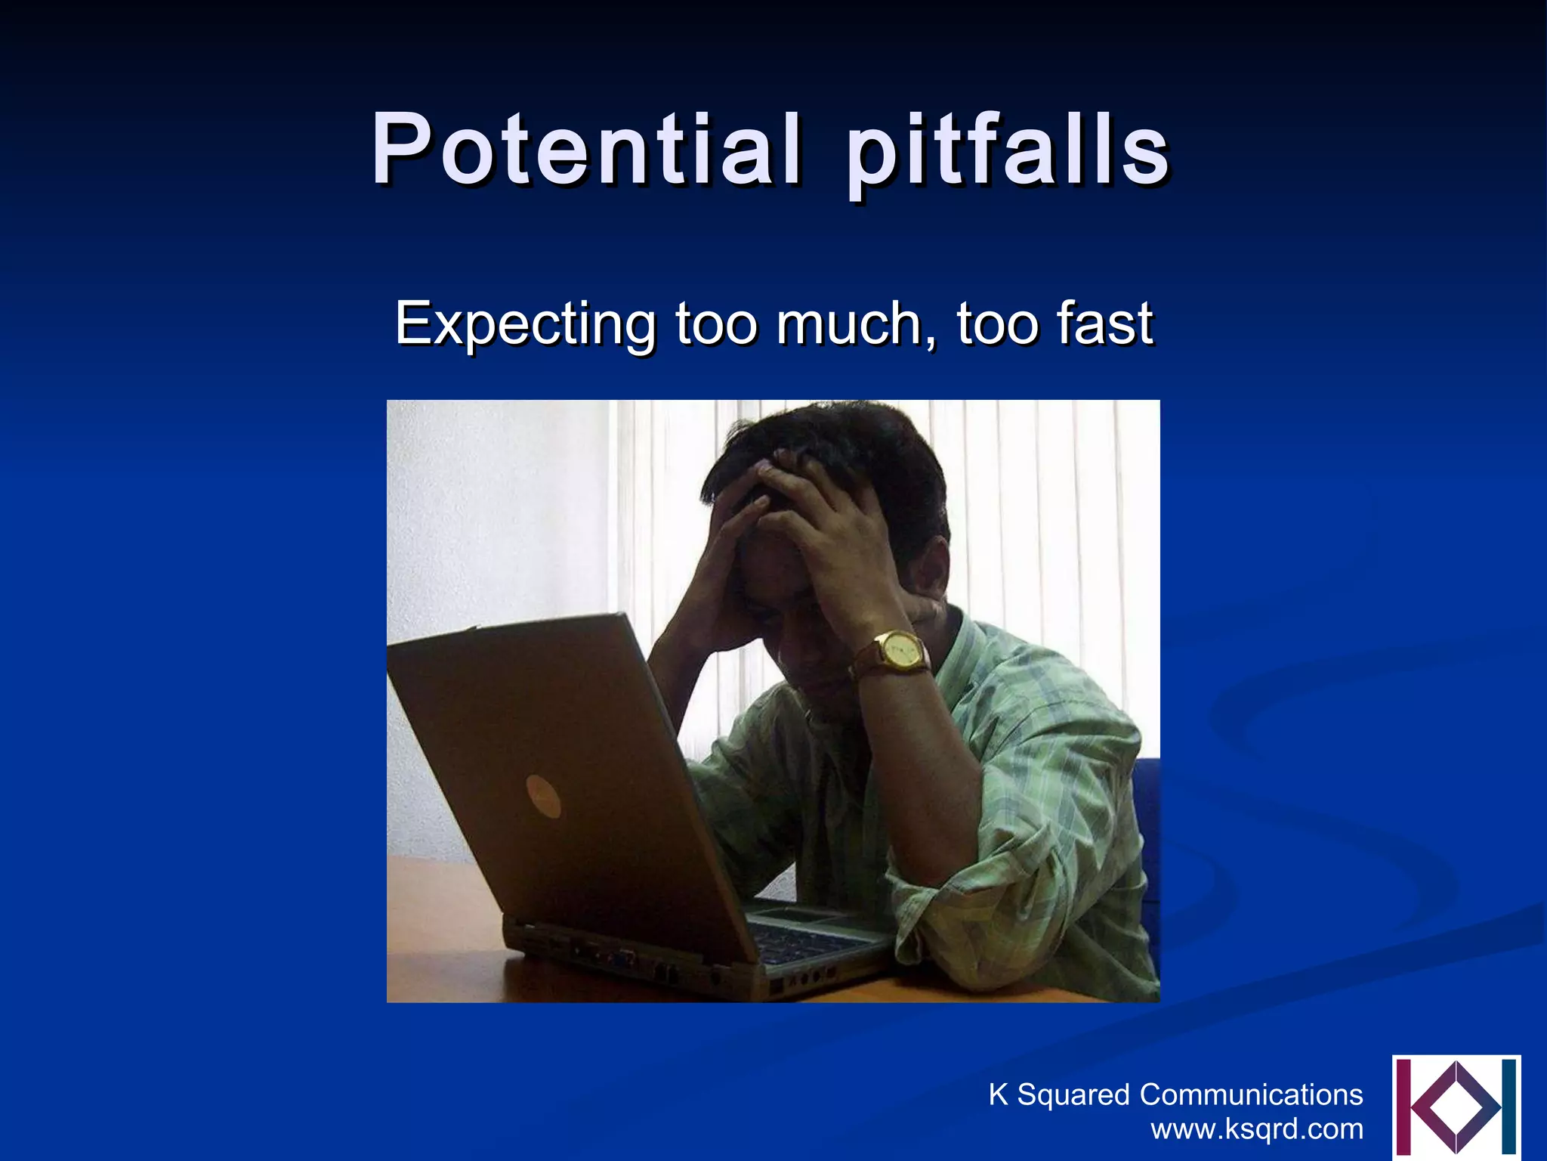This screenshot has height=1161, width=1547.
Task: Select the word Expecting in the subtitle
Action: [x=525, y=324]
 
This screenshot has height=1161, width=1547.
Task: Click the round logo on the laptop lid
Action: [x=543, y=796]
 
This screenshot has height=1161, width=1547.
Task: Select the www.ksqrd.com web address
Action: [x=1257, y=1129]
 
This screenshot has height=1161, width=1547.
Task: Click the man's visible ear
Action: [x=933, y=571]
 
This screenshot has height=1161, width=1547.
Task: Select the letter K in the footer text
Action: [x=998, y=1094]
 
